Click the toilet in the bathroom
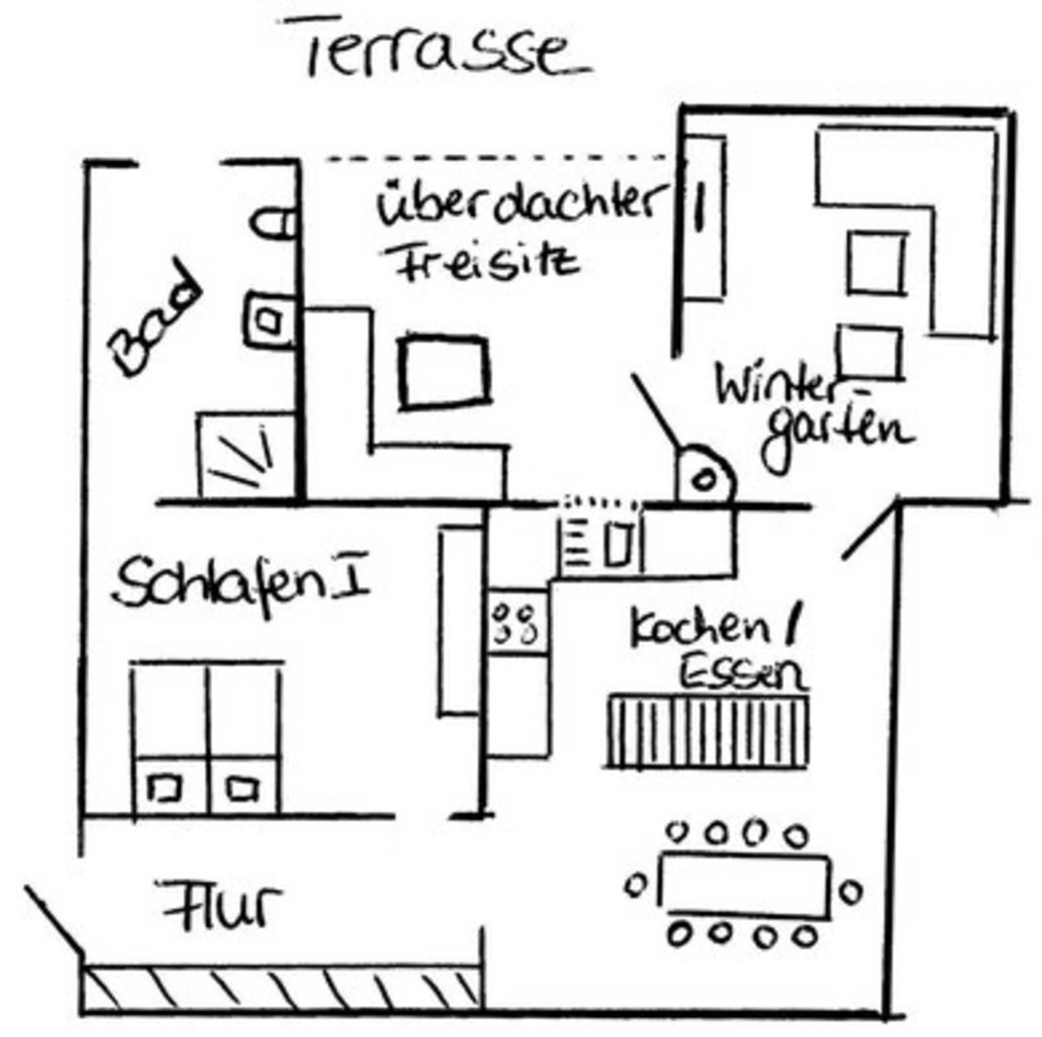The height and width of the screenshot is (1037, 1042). [272, 224]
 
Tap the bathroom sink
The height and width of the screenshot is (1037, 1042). [268, 320]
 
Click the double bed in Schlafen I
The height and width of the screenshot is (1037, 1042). [207, 738]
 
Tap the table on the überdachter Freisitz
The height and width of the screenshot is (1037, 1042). [445, 373]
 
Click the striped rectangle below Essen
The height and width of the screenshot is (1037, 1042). [708, 731]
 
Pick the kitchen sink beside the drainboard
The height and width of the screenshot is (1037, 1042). [618, 543]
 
